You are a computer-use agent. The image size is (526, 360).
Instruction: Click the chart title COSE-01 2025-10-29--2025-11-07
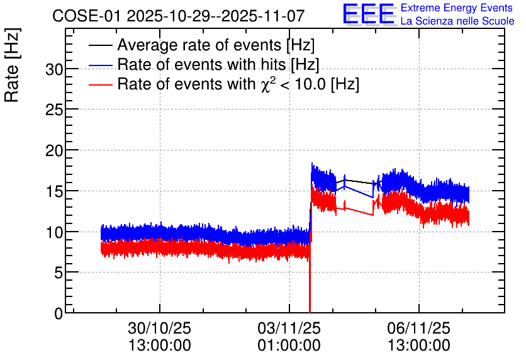178,16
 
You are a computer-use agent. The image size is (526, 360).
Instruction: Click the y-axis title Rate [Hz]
12,65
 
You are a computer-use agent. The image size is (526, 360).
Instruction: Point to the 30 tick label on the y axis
54,70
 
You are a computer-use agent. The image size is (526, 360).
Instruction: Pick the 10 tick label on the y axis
54,232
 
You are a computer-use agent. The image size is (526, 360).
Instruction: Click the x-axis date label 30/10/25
160,328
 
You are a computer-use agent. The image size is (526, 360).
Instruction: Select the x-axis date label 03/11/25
289,328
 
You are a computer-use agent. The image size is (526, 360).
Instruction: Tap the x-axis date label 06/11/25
419,328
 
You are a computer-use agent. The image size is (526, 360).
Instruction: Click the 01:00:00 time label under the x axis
289,346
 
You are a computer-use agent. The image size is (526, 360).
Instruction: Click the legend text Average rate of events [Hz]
216,45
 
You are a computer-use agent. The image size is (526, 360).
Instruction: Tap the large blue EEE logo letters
369,14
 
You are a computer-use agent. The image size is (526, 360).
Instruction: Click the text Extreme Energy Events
457,8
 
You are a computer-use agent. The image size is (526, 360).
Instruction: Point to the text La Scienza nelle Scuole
457,21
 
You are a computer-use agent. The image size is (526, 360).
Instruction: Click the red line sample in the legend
101,84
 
